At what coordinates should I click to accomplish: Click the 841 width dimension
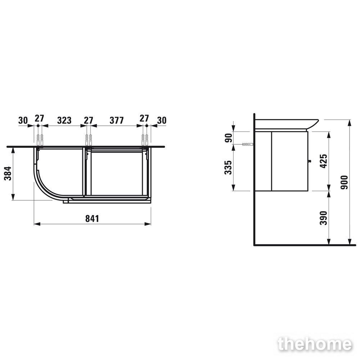click(x=92, y=219)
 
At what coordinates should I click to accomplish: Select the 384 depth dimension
click(x=8, y=174)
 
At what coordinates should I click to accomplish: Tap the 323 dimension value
click(x=64, y=120)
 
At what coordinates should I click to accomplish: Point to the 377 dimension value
click(x=117, y=120)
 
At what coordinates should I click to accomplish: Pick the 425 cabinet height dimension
click(x=324, y=161)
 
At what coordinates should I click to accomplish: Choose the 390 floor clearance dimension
click(x=324, y=218)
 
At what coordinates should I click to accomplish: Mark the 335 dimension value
click(x=228, y=167)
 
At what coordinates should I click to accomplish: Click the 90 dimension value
click(x=229, y=138)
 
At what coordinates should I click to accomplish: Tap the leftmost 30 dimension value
click(x=23, y=120)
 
